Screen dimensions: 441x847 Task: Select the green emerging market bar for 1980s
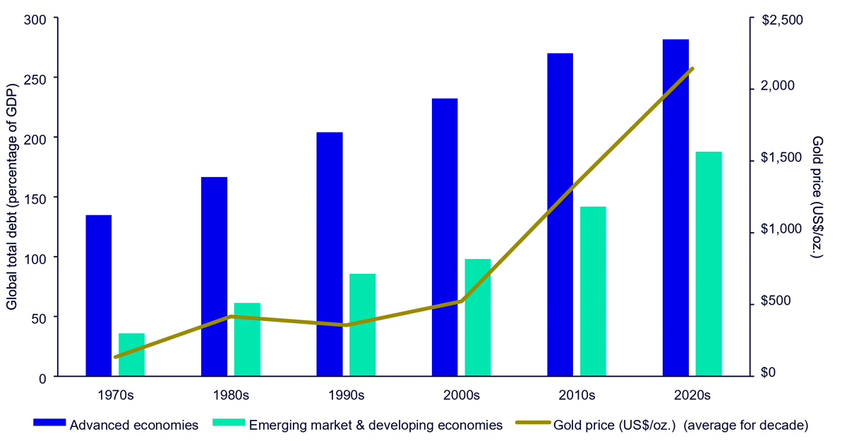coord(247,339)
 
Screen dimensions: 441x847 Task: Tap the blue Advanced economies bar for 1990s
coord(330,254)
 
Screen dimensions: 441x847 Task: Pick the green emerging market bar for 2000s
coord(477,318)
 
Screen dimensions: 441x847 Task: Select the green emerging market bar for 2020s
coord(709,264)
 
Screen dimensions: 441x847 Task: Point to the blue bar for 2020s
coord(675,207)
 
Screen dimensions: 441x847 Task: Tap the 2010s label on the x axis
coord(577,394)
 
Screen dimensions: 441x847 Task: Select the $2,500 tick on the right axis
coord(783,20)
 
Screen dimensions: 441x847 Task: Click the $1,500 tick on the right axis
coord(783,158)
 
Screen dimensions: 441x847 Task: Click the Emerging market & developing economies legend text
coord(376,425)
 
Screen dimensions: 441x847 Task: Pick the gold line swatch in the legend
coord(532,423)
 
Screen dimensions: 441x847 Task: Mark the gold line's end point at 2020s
coord(692,68)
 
